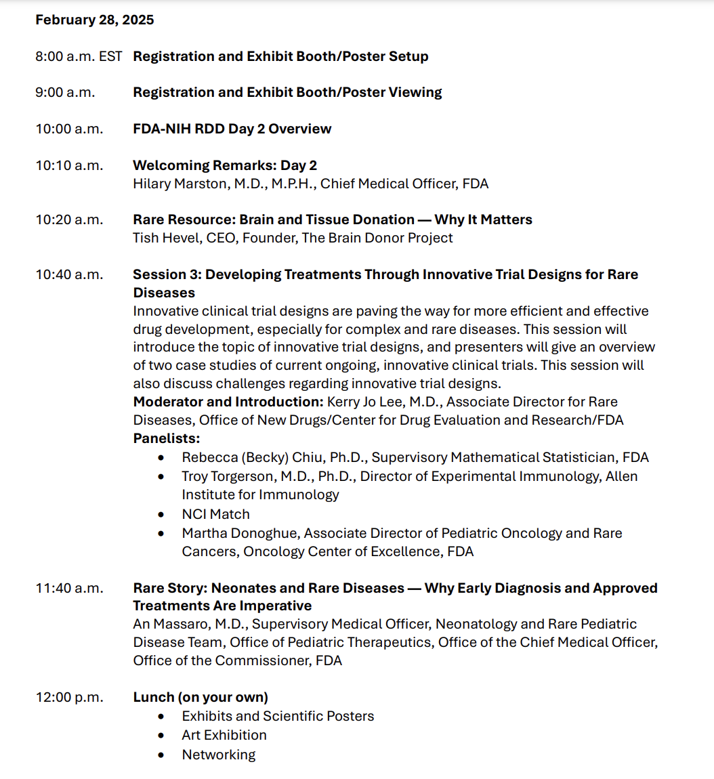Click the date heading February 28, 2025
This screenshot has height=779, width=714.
tap(94, 20)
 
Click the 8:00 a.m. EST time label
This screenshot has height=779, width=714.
tap(79, 57)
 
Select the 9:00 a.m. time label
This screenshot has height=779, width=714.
tap(65, 93)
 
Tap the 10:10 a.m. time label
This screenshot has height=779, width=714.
tap(69, 166)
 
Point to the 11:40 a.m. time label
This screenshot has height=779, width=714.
tap(69, 589)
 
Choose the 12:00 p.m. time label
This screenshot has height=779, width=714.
tap(69, 698)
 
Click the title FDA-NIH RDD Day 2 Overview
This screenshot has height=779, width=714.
tap(232, 129)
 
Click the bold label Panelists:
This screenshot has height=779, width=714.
tap(166, 439)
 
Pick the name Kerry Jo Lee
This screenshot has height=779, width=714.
tap(366, 402)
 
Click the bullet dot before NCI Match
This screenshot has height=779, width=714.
tap(161, 515)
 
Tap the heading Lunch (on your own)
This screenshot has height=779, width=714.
tap(201, 698)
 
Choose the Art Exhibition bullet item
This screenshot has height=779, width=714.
tap(224, 736)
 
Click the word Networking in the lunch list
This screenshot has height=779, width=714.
tap(219, 755)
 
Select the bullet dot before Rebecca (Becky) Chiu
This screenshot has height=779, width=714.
tap(161, 458)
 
